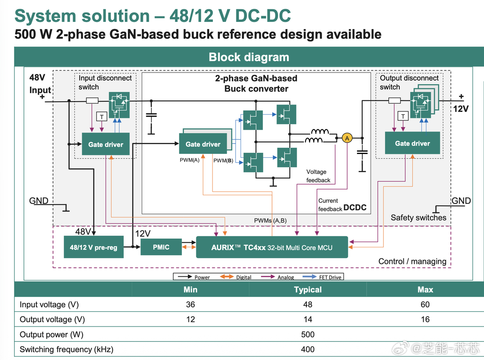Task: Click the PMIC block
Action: (161, 247)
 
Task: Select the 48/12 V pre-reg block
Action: (93, 248)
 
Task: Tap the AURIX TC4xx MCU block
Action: (271, 248)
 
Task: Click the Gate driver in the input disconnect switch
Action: (105, 144)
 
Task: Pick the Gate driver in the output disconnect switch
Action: (412, 143)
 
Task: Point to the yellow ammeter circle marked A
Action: (347, 138)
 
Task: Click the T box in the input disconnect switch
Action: (101, 117)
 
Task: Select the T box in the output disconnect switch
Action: (403, 116)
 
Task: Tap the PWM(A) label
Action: (189, 160)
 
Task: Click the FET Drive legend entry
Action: (330, 277)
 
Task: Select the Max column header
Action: (425, 290)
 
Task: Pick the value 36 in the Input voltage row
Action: (191, 305)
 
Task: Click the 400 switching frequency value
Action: (308, 349)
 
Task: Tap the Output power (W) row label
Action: (51, 335)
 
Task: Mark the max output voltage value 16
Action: (425, 320)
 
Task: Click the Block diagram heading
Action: (249, 57)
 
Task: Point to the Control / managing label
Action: (412, 261)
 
